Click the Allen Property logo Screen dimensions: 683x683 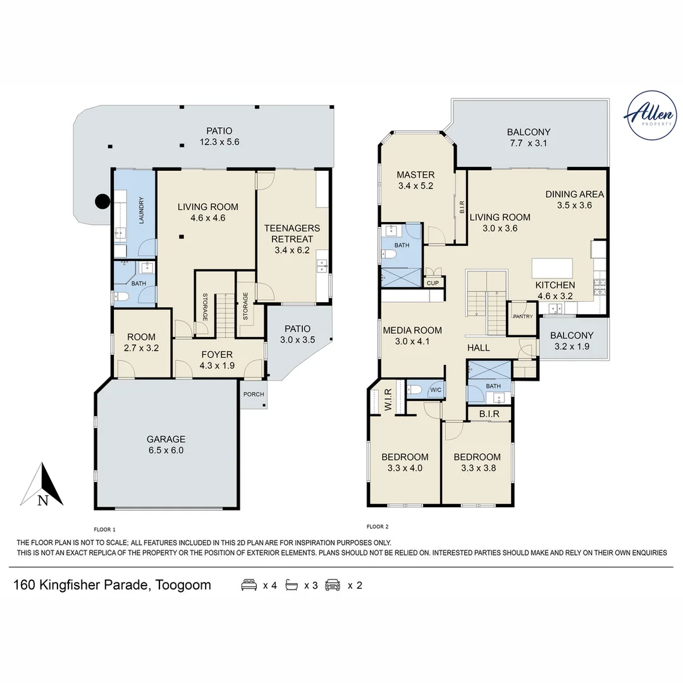coord(650,116)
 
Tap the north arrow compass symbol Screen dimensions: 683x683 coord(42,484)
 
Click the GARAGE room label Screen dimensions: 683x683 coord(166,439)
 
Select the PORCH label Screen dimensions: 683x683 coord(254,394)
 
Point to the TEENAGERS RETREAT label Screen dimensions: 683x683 coord(292,233)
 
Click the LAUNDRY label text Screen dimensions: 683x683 coord(141,211)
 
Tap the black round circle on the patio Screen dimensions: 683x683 coord(103,201)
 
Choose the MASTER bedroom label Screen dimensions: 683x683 coord(415,175)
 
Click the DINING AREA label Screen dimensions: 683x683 coord(574,194)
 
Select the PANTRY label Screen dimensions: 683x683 coord(523,317)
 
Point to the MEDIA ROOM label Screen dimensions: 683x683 coord(412,330)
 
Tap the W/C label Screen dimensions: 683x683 coord(436,390)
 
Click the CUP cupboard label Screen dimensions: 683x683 coord(433,283)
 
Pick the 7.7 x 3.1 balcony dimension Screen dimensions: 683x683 coord(528,143)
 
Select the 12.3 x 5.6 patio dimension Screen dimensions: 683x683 coord(219,142)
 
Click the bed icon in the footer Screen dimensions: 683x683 coord(249,584)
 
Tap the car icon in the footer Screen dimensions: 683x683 coord(333,584)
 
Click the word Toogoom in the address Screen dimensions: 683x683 coord(183,584)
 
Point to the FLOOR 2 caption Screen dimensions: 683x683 coord(378,527)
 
